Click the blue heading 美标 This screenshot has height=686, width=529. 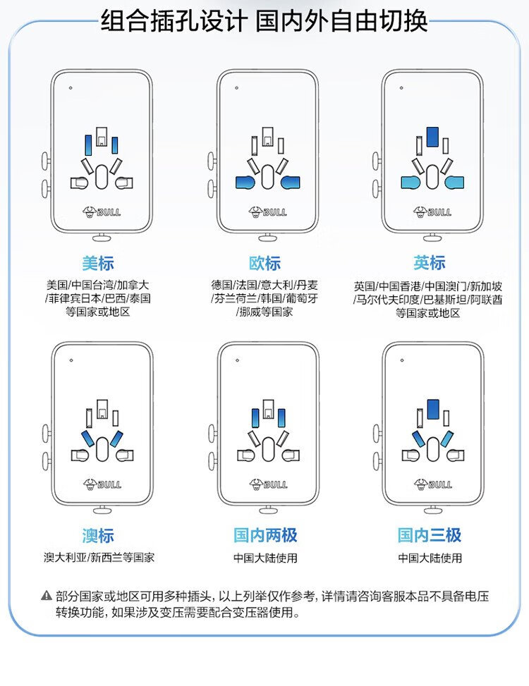click(x=97, y=264)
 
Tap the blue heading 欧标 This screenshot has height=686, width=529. click(x=264, y=264)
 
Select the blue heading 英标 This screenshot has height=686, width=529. click(x=429, y=263)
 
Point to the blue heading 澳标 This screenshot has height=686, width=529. click(x=97, y=536)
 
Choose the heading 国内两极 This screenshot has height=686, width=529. click(x=265, y=536)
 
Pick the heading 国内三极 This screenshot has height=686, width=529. click(x=430, y=536)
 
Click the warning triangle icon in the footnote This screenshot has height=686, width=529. click(x=47, y=596)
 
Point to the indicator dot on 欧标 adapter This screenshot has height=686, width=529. click(x=236, y=88)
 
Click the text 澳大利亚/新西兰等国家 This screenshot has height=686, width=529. click(x=99, y=558)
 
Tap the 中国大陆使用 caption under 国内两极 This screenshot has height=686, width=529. click(x=265, y=558)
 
